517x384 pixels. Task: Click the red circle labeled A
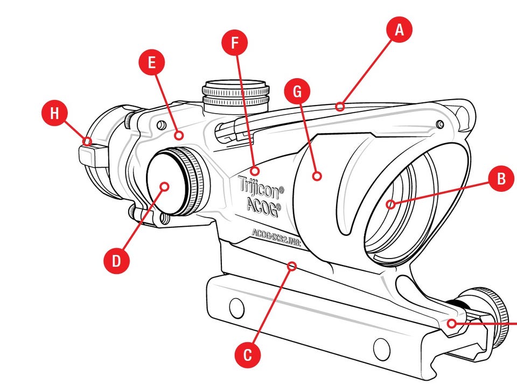tap(399, 30)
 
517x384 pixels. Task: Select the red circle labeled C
tap(248, 355)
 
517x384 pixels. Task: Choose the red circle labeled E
tap(151, 62)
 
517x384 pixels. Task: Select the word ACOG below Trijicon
tap(263, 206)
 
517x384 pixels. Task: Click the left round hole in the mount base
tap(236, 308)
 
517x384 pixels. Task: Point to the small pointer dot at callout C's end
tap(292, 266)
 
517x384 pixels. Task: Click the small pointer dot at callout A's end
tap(339, 107)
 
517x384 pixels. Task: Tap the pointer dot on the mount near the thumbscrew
tap(452, 323)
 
